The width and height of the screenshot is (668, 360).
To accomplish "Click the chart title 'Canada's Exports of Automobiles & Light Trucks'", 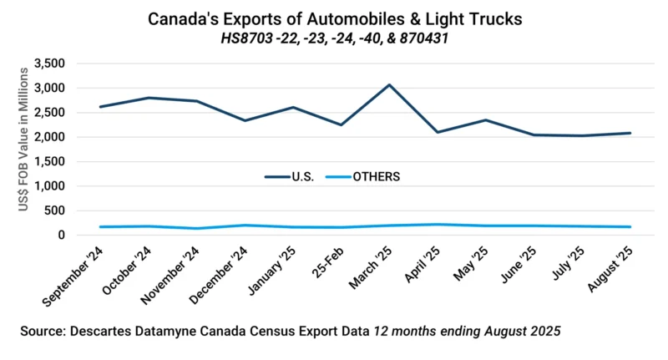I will pyautogui.click(x=334, y=18).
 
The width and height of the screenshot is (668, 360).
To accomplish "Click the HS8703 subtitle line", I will pyautogui.click(x=334, y=38).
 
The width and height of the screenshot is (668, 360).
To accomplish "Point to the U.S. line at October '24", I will pyautogui.click(x=149, y=98).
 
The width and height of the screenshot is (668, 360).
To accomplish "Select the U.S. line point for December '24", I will pyautogui.click(x=245, y=120).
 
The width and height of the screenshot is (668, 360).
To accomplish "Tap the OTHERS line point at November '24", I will pyautogui.click(x=197, y=229).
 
